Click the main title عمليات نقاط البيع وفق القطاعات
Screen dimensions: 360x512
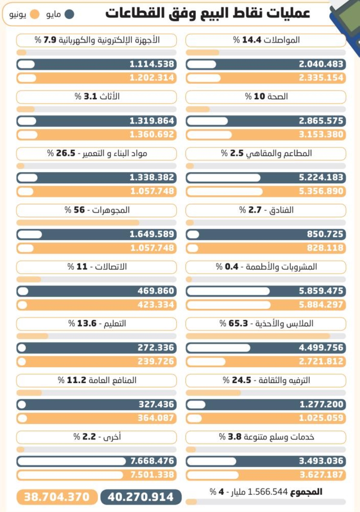pyautogui.click(x=208, y=13)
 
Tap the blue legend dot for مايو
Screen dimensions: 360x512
pyautogui.click(x=69, y=14)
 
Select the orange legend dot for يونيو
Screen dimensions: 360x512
pyautogui.click(x=35, y=14)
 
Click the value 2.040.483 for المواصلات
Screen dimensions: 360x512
pyautogui.click(x=321, y=64)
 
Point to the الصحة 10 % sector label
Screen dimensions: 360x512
pyautogui.click(x=266, y=96)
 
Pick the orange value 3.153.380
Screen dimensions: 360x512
pyautogui.click(x=321, y=135)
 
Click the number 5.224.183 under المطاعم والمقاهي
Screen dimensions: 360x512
pyautogui.click(x=321, y=178)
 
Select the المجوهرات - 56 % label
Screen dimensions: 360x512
pyautogui.click(x=97, y=210)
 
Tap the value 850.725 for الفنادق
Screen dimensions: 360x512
pyautogui.click(x=325, y=234)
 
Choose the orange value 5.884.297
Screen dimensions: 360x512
pyautogui.click(x=321, y=305)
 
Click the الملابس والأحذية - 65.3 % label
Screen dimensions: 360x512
pyautogui.click(x=266, y=323)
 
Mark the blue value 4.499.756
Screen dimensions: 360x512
pyautogui.click(x=321, y=348)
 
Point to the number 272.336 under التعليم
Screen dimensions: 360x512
pyautogui.click(x=156, y=348)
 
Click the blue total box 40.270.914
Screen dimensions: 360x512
pyautogui.click(x=141, y=497)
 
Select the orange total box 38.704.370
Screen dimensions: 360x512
pyautogui.click(x=57, y=497)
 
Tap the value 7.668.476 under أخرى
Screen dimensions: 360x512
pyautogui.click(x=152, y=461)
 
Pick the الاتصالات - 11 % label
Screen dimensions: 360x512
pyautogui.click(x=97, y=267)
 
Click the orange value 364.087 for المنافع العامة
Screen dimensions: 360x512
pyautogui.click(x=156, y=418)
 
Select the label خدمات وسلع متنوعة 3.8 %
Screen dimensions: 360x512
pyautogui.click(x=266, y=437)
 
